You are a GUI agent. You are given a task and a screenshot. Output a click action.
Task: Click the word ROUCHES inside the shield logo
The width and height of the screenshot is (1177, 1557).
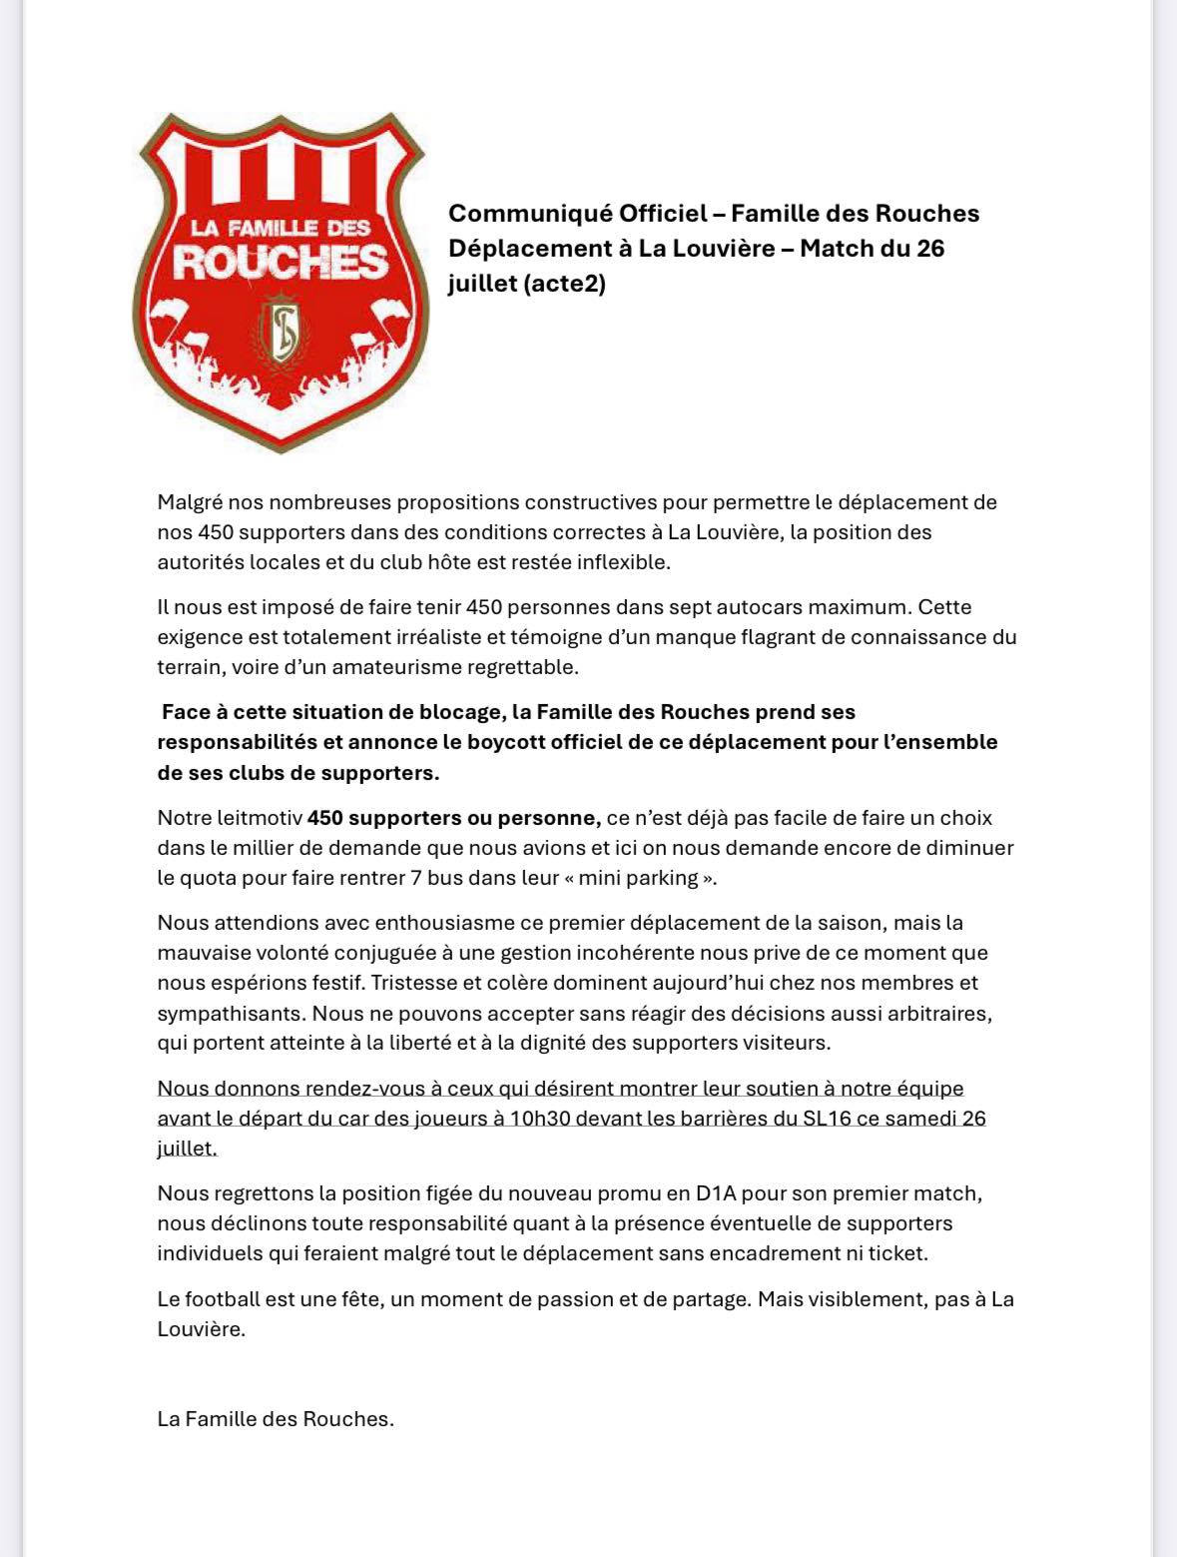point(281,263)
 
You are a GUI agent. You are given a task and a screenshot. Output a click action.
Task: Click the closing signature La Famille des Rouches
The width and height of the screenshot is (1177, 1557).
point(276,1419)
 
